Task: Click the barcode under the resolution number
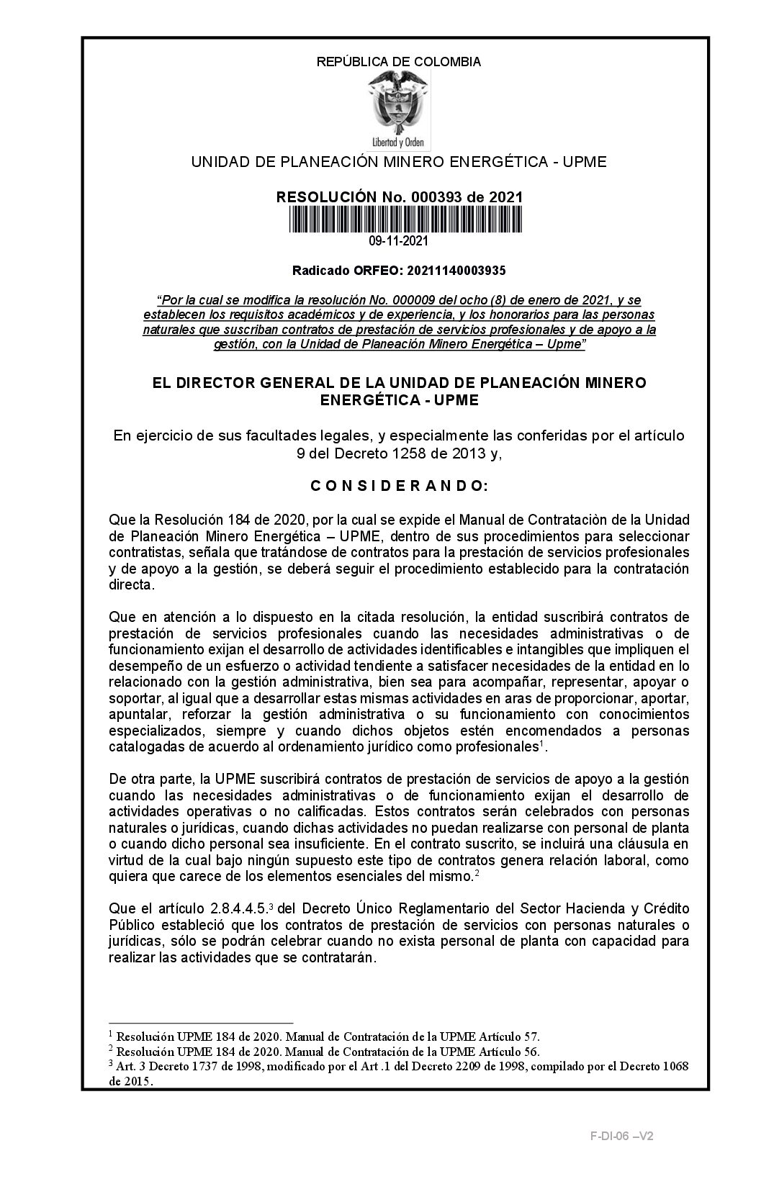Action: (x=398, y=220)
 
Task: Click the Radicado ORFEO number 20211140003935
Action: (x=456, y=271)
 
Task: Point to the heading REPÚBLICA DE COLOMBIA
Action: (x=398, y=62)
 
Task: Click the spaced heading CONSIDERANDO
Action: (x=399, y=486)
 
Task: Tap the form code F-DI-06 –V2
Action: (x=621, y=1137)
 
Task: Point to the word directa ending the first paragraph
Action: (x=130, y=584)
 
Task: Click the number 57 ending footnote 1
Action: (x=531, y=1036)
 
